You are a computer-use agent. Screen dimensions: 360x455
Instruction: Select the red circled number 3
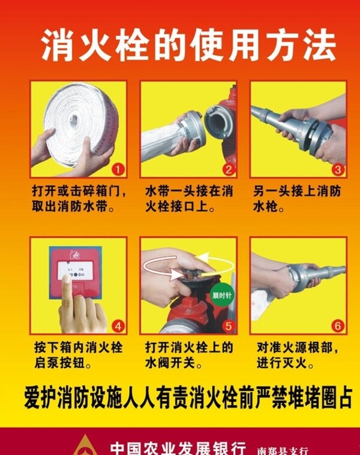coord(338,170)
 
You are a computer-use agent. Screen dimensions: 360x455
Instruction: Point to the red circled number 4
coord(118,326)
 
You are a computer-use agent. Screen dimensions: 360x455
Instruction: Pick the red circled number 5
coord(229,326)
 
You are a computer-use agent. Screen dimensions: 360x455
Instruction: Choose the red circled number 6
coord(338,326)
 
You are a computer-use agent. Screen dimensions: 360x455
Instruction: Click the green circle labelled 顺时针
coord(222,296)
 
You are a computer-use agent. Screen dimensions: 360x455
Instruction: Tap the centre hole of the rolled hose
coord(73,119)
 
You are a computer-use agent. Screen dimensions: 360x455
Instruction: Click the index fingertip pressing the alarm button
coord(67,279)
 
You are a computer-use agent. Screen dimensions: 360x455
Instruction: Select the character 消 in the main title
coord(57,46)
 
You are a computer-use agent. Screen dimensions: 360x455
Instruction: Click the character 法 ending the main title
coord(320,46)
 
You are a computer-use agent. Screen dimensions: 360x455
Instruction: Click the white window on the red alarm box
coord(76,270)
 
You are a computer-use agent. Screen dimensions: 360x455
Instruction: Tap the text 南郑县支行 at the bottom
coord(282,451)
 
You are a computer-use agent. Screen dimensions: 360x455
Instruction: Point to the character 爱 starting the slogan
coord(32,398)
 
